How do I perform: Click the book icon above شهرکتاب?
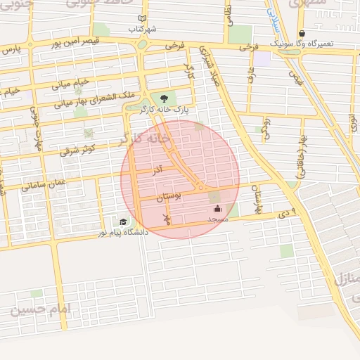coord(143,19)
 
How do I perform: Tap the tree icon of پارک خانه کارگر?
coord(165,98)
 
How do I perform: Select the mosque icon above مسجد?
coord(217,209)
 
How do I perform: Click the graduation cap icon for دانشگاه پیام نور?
coord(123,222)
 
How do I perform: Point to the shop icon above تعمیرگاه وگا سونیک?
coord(302,33)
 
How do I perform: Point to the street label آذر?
coord(158,170)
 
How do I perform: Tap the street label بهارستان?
coord(257,200)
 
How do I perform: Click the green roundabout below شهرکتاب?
coord(142,44)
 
